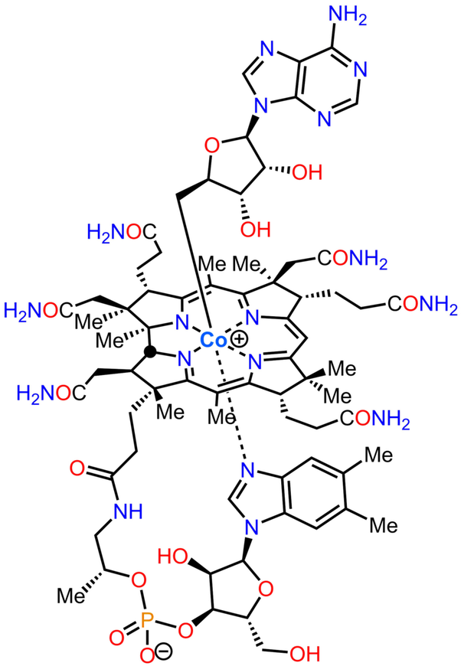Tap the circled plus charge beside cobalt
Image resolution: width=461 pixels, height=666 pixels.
239,339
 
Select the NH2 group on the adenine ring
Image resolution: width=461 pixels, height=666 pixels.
348,17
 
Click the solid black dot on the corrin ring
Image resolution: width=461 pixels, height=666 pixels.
149,352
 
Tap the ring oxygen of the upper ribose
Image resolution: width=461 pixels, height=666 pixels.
212,146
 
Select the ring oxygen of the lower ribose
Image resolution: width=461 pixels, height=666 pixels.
266,589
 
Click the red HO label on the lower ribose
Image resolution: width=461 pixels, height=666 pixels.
173,557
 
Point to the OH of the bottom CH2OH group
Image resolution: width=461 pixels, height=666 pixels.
304,654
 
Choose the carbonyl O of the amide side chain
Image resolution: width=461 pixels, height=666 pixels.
77,469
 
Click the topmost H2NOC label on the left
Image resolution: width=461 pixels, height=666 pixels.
122,233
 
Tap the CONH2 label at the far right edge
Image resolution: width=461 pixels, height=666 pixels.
423,305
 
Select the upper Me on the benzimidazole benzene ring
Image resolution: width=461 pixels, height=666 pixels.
379,455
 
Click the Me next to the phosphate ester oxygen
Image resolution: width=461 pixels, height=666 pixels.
71,596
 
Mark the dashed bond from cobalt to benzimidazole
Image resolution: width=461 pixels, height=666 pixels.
231,403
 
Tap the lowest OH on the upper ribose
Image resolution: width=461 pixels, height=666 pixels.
255,229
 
